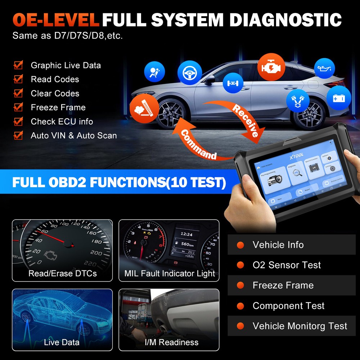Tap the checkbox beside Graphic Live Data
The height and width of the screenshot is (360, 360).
18,66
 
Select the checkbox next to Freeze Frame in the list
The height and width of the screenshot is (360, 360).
18,107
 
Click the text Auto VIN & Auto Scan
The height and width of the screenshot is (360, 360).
74,136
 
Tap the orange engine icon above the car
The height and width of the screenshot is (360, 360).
271,67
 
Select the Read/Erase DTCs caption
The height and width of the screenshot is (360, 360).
63,274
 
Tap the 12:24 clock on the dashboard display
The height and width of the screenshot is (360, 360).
186,234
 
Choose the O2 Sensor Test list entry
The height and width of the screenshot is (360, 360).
286,265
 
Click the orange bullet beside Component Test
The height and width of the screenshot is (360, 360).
240,306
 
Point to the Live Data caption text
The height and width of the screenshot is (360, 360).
62,342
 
